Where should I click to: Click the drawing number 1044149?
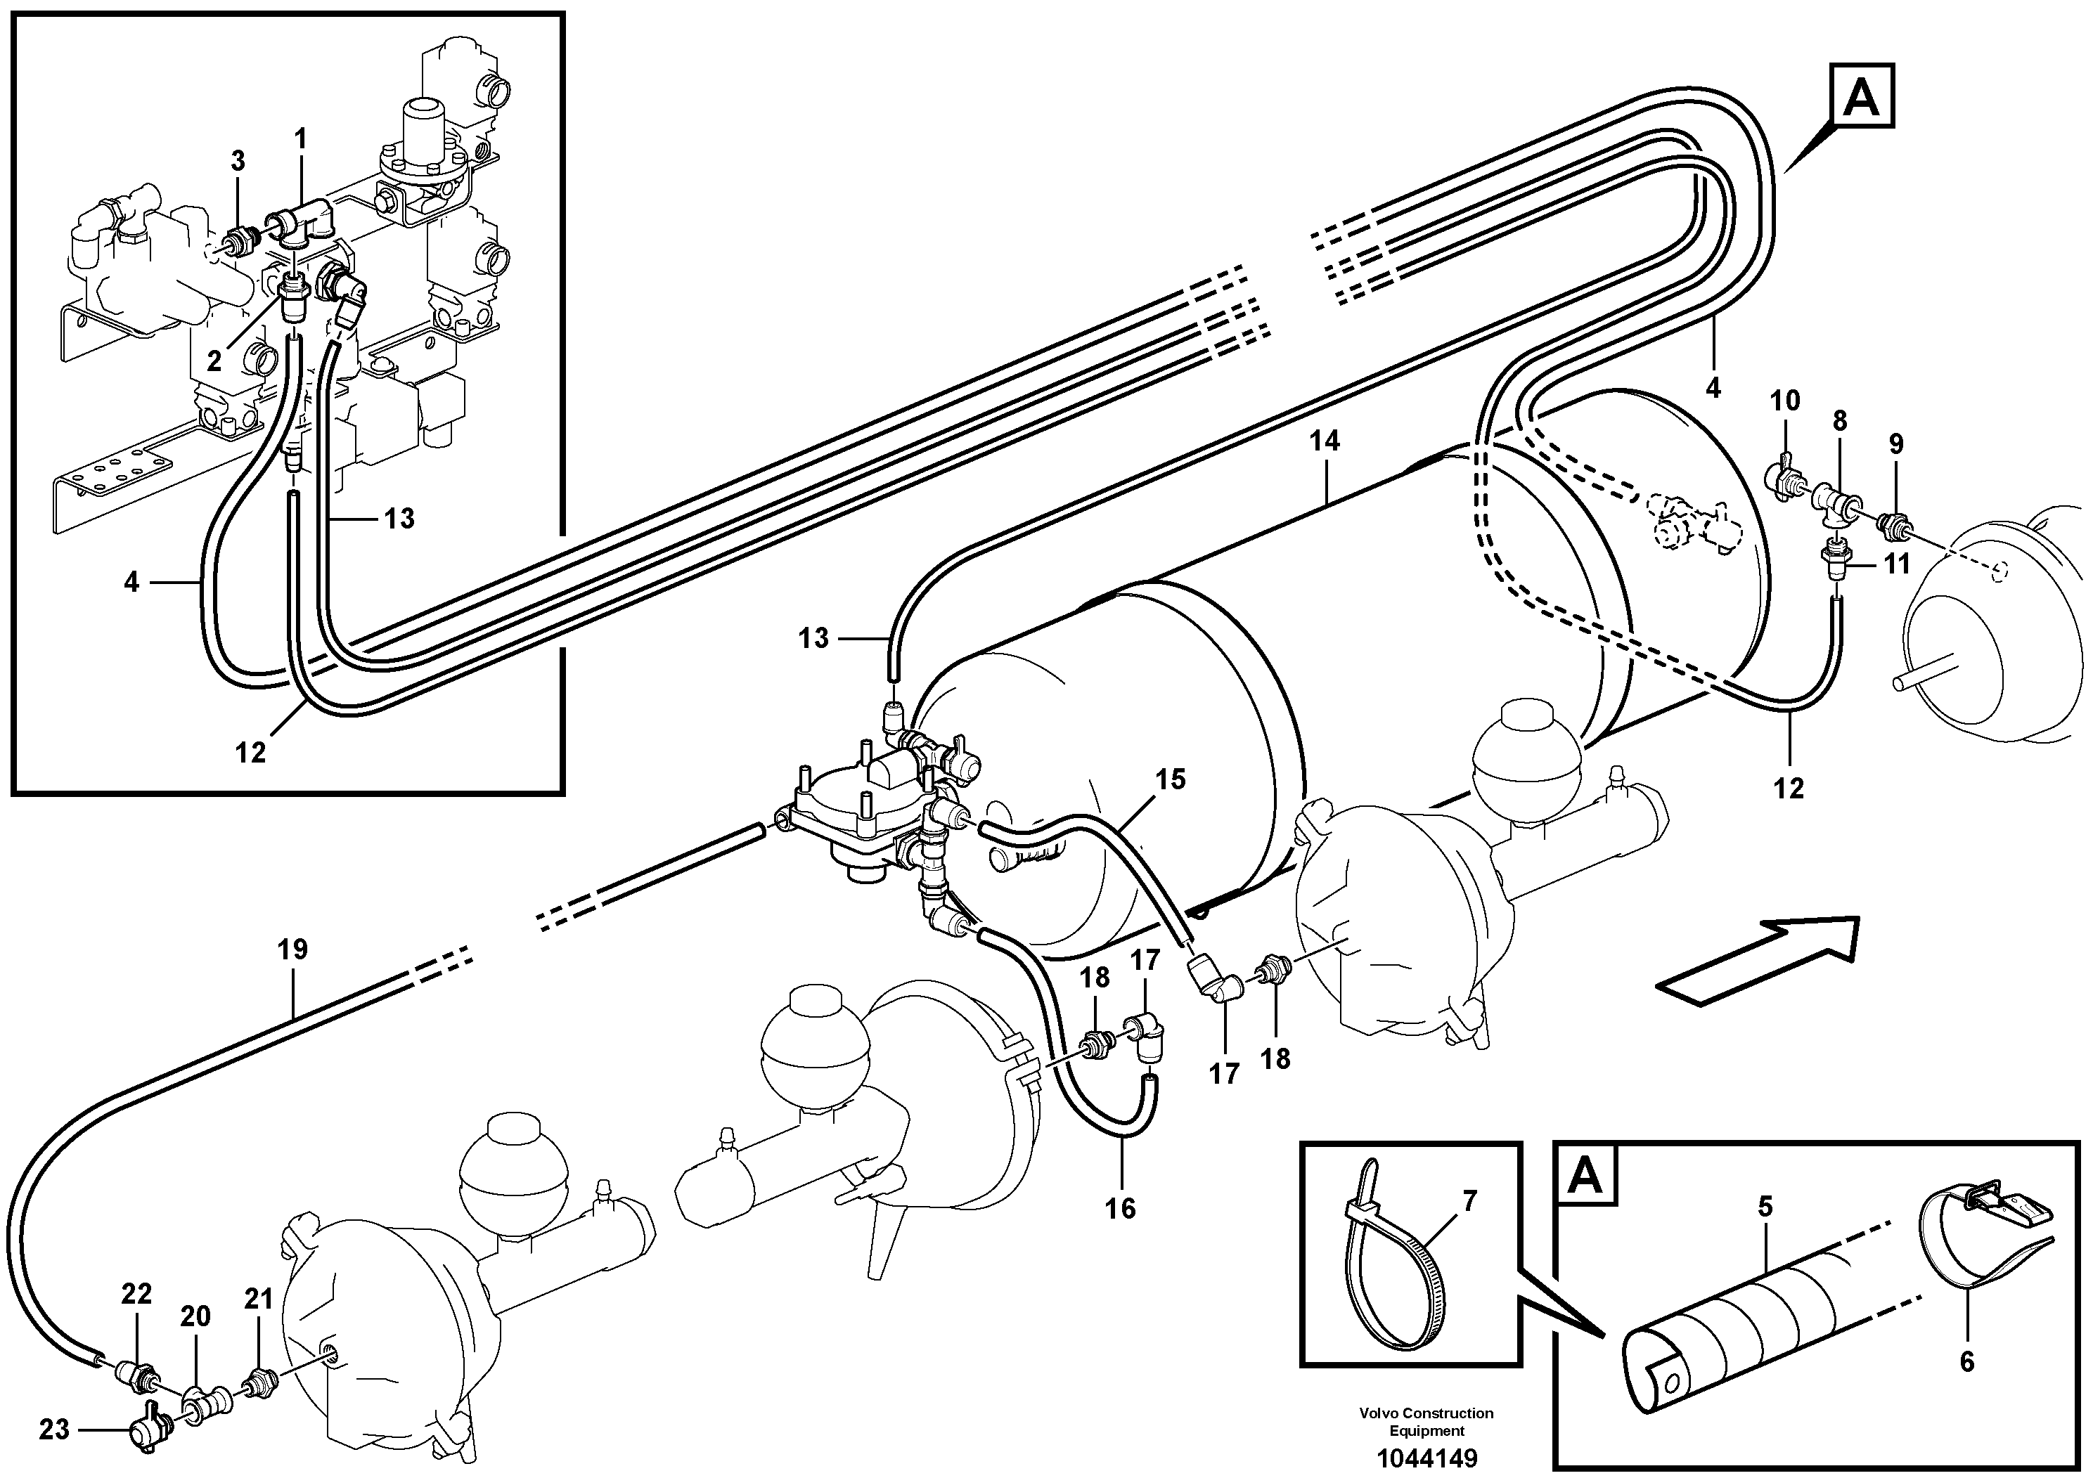coord(1427,1458)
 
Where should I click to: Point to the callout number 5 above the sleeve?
coord(1765,1207)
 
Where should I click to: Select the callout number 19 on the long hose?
coord(292,950)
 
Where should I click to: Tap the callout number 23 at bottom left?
coord(53,1430)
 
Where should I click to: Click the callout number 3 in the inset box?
coord(237,161)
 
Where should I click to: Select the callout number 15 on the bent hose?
coord(1171,779)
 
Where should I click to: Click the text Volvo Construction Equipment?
coord(1426,1422)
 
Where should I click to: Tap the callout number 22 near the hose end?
coord(136,1294)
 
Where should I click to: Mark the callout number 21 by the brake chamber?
coord(259,1299)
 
